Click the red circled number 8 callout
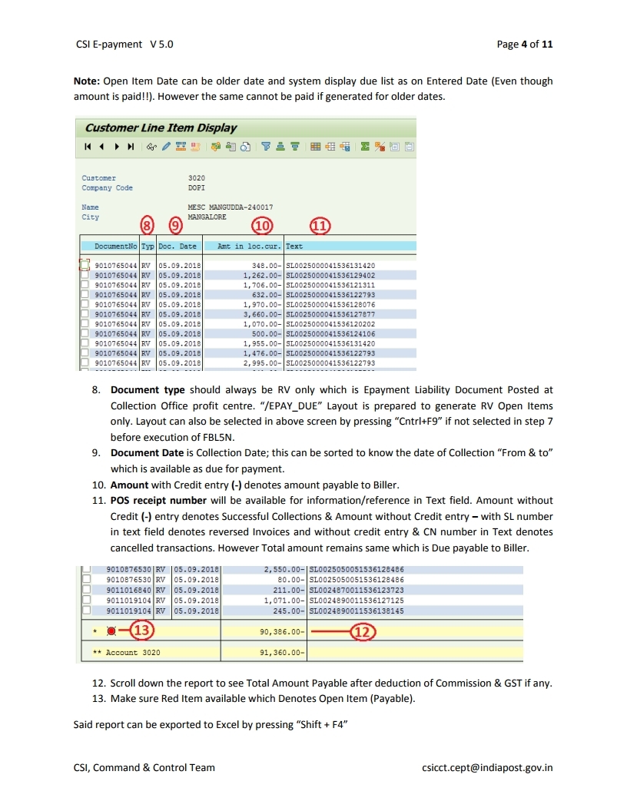pos(148,225)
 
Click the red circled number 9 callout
pos(176,225)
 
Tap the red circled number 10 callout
pos(264,226)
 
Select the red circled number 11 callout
pos(319,226)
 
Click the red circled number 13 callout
pos(141,631)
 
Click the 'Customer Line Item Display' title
pos(161,128)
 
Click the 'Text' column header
pos(294,247)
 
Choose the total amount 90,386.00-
pos(284,631)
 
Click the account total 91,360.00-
pos(284,653)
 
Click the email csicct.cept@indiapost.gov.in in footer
pos(487,767)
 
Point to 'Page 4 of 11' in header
pos(524,44)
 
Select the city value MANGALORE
pos(207,217)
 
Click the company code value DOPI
pos(196,187)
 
